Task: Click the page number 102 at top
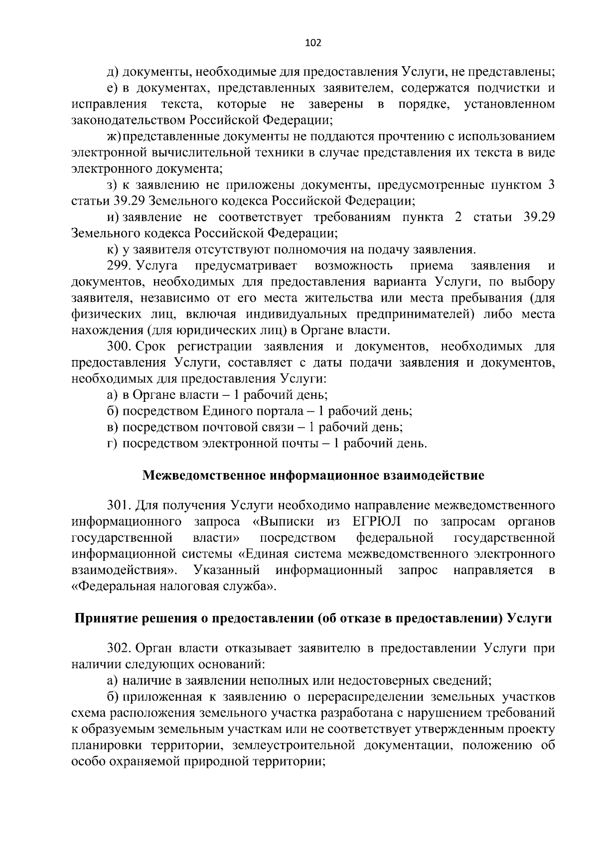313,43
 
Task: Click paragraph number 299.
119,266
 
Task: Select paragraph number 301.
119,506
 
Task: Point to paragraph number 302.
119,648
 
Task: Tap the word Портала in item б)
278,411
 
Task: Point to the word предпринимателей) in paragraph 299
433,314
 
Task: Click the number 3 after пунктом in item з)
551,185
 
